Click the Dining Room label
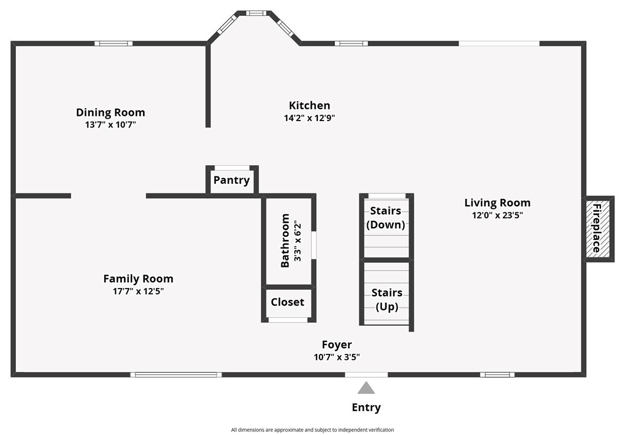[111, 112]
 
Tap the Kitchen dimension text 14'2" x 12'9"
[310, 118]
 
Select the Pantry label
[232, 180]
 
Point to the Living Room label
[497, 203]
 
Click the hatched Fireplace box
[599, 229]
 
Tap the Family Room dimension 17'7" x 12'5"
[138, 291]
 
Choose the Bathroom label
[285, 240]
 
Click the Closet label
[287, 302]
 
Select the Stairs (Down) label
[385, 217]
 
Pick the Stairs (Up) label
[387, 300]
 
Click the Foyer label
[337, 344]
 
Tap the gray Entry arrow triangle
[366, 388]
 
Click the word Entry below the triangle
[366, 407]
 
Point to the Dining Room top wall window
[114, 43]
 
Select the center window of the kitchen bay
[256, 13]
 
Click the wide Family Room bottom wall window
[176, 374]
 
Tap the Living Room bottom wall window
[497, 374]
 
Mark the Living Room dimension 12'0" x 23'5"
[497, 215]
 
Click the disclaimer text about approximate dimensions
[312, 430]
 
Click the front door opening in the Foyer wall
[366, 374]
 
